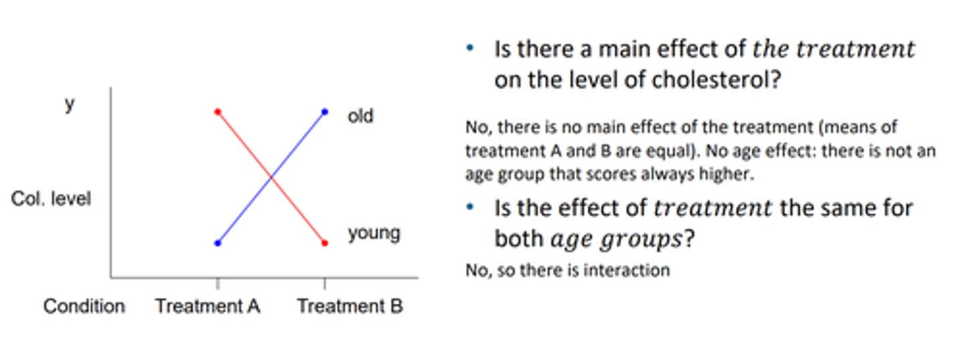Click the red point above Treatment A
(218, 112)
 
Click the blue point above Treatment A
(218, 243)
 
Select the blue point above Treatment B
(325, 112)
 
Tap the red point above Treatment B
(325, 243)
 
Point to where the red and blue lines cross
(271, 177)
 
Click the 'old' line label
(360, 116)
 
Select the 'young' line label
(374, 234)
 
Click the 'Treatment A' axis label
(208, 306)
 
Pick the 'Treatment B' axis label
(350, 306)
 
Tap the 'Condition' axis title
(84, 306)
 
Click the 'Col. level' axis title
(51, 199)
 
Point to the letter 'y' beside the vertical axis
(70, 105)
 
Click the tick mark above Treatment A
(218, 283)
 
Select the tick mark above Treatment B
(325, 283)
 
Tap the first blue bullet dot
(470, 48)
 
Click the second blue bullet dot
(470, 207)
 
